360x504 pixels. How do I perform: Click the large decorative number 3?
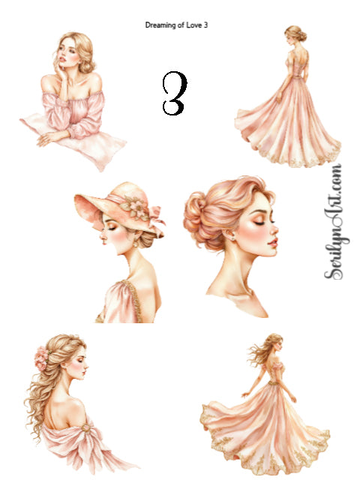(175, 93)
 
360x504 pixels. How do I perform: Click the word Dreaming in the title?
(160, 25)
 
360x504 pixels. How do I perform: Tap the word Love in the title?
(193, 25)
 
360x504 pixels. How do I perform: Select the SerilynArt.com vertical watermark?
(335, 222)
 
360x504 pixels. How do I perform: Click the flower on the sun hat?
(135, 208)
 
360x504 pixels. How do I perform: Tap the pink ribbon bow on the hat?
(157, 218)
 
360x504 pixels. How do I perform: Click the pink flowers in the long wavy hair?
(41, 358)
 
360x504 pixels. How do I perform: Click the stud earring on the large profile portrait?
(232, 238)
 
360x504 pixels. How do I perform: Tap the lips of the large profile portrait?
(273, 242)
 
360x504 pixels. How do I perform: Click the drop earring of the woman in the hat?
(136, 244)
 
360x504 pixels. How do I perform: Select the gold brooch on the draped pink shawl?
(85, 427)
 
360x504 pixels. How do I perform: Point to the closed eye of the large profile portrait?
(260, 223)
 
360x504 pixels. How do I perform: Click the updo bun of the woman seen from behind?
(302, 36)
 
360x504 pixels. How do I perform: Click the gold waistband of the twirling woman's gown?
(274, 382)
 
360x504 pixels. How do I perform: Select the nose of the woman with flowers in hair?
(86, 366)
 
